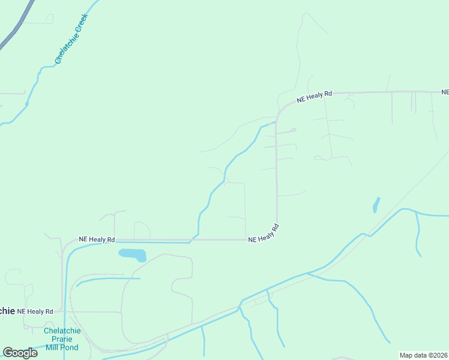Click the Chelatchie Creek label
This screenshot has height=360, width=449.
tap(71, 35)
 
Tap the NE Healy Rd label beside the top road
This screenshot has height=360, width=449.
tap(313, 96)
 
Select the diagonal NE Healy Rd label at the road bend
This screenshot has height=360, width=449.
tap(265, 233)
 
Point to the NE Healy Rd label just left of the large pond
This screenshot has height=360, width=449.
tap(97, 239)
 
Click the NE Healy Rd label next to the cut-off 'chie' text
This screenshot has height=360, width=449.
tap(35, 311)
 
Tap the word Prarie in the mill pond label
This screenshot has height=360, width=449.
tap(61, 339)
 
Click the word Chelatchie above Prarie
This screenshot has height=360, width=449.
tap(61, 331)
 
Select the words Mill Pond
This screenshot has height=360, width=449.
tap(61, 347)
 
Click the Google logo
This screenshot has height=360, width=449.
tap(20, 353)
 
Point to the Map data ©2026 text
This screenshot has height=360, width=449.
tap(423, 355)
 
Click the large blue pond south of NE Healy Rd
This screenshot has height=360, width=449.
tap(133, 254)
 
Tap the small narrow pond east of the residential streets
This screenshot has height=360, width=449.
tap(376, 205)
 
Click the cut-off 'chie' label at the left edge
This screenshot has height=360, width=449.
tap(7, 311)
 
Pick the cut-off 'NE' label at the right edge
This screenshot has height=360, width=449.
tap(445, 92)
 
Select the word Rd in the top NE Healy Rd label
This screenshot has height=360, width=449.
tap(328, 94)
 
